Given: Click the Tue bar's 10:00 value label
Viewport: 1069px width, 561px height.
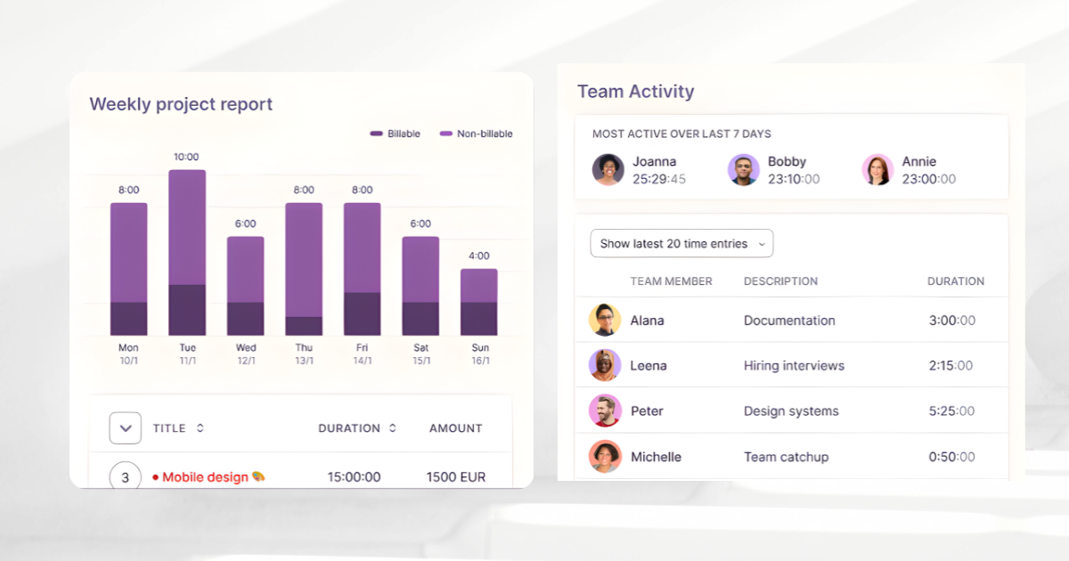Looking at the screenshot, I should [x=186, y=157].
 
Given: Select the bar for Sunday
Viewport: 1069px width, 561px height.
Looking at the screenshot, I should [x=479, y=302].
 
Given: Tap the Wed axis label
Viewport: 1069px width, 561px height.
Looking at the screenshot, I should [x=246, y=347].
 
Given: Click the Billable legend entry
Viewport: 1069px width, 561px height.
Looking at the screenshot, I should [x=396, y=134].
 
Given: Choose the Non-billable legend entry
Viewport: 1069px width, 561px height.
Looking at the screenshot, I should [x=477, y=134].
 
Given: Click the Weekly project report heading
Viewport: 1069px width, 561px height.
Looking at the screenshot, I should [x=181, y=104].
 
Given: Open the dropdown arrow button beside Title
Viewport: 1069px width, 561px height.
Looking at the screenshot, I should [x=126, y=428].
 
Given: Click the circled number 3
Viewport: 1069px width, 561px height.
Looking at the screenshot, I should [x=126, y=477].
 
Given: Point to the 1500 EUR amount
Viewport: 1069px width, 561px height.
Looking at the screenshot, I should [x=456, y=477].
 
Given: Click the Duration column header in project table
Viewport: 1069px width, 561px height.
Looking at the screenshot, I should [x=349, y=428].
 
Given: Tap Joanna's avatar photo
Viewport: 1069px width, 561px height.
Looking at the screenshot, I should [x=608, y=169].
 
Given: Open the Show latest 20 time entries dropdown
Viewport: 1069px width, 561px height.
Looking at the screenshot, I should [x=681, y=243].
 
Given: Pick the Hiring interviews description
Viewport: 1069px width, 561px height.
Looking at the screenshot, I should [x=794, y=365].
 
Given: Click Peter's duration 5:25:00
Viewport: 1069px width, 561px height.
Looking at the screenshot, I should [x=951, y=411].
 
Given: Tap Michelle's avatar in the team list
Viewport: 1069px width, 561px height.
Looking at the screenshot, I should [x=605, y=457].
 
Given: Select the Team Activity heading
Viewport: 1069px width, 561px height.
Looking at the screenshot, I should [x=635, y=91].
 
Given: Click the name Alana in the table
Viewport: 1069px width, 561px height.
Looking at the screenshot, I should [x=647, y=321].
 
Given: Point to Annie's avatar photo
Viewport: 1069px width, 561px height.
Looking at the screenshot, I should [x=877, y=169].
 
